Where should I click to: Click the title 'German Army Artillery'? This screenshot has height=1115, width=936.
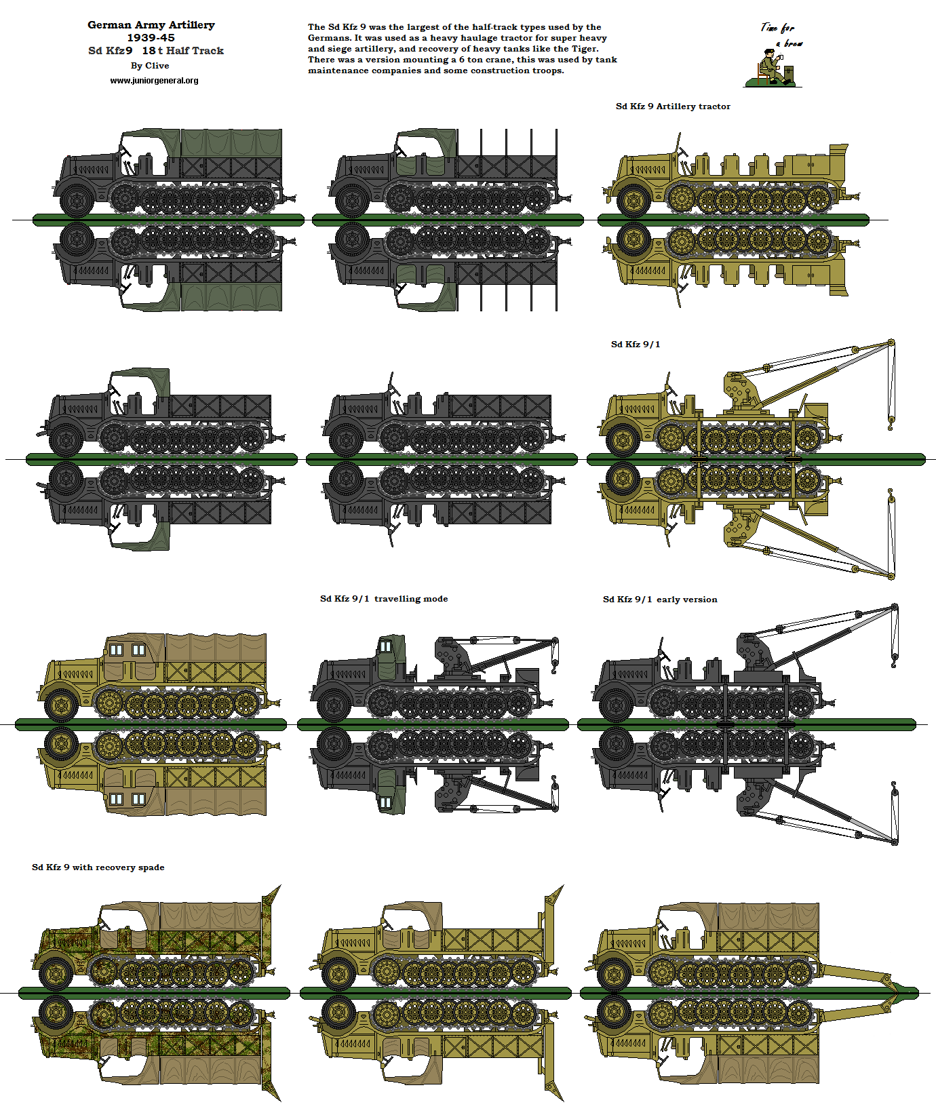coord(151,25)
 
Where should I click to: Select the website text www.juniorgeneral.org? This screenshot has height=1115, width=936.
coord(154,81)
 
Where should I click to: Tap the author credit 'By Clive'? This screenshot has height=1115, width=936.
coord(150,66)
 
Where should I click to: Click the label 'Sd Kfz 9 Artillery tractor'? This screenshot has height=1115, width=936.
coord(672,106)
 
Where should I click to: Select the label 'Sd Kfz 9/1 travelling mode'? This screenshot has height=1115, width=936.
coord(383,599)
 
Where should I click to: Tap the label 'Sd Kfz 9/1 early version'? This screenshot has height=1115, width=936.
coord(659,600)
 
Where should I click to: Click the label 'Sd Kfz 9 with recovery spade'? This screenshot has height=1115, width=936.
coord(98,867)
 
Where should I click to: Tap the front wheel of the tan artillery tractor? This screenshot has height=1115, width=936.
coord(633,201)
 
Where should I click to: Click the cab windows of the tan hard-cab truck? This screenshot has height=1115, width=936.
coord(127,650)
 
